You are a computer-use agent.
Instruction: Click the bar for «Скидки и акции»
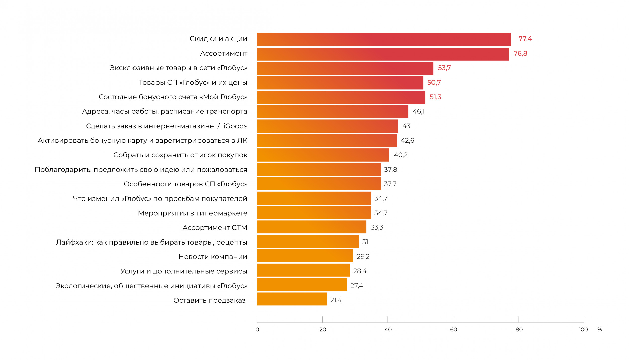pos(384,39)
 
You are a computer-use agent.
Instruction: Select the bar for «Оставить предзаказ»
pos(292,299)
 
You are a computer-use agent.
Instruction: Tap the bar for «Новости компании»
pos(305,256)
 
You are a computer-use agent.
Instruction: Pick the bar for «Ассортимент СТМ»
pos(311,227)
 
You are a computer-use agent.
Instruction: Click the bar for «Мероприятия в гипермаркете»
pos(314,213)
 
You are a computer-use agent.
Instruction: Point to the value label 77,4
pos(525,39)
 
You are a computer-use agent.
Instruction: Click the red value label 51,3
pos(435,97)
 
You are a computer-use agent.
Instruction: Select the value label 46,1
pos(419,111)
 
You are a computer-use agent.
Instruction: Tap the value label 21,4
pos(336,300)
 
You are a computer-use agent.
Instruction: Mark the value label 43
pos(406,126)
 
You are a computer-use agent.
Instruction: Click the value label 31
pos(365,242)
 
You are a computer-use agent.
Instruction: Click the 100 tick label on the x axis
pos(583,330)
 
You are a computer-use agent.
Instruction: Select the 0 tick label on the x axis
pos(257,330)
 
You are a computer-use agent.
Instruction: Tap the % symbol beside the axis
pos(600,330)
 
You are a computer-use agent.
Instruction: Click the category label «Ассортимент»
pos(223,54)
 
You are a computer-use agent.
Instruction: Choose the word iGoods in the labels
pos(235,126)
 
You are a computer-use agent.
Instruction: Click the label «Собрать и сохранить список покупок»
pos(180,155)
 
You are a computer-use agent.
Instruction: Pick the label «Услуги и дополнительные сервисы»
pos(183,271)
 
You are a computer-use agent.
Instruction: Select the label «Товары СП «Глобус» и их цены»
pos(193,83)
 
